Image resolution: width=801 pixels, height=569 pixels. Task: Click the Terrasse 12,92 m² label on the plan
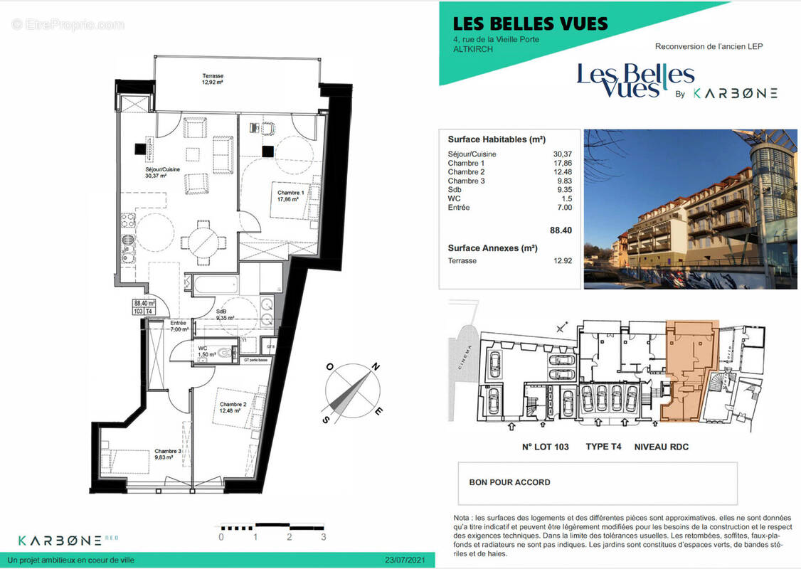click(212, 78)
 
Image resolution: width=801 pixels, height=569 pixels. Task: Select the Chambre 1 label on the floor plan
click(287, 196)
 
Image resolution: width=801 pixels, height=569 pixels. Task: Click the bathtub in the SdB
click(211, 284)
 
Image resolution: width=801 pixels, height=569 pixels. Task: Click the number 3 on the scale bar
click(324, 537)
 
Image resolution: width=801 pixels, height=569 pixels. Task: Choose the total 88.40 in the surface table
click(561, 230)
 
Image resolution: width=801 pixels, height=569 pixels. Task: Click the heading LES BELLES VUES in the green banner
click(523, 23)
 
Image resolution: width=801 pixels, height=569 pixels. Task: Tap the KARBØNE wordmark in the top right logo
click(735, 93)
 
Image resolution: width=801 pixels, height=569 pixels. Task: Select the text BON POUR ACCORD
click(509, 482)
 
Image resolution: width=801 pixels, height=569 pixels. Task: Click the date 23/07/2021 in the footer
click(404, 560)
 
